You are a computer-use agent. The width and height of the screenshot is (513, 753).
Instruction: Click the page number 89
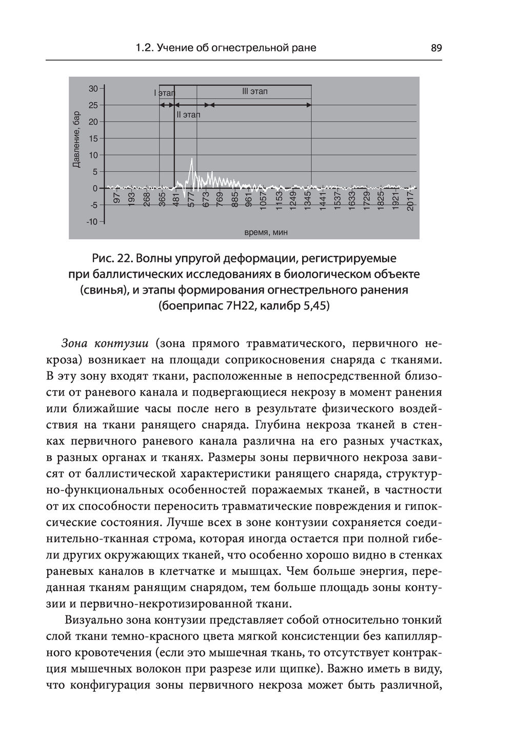(x=436, y=48)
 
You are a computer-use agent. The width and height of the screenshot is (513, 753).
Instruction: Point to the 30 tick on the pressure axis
(x=93, y=88)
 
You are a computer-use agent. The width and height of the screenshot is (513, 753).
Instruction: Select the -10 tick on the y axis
(x=92, y=222)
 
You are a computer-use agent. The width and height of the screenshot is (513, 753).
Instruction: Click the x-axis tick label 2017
(x=410, y=201)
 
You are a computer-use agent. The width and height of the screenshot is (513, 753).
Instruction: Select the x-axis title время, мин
(x=266, y=232)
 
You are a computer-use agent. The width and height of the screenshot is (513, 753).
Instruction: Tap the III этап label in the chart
(x=254, y=92)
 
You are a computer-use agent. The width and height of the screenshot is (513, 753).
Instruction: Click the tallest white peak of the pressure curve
(x=191, y=160)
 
